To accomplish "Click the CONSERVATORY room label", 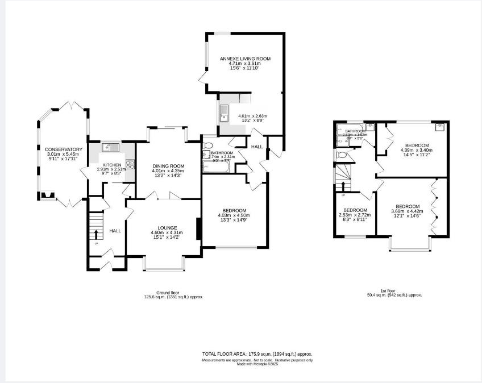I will click(64, 149).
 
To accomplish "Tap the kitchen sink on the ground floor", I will click(109, 148).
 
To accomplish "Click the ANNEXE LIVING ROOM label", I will click(245, 59).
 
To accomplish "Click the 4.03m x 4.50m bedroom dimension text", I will click(234, 215).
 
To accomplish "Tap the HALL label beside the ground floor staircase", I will click(115, 231).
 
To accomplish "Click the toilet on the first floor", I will click(342, 155).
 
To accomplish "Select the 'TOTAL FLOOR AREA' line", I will click(257, 353).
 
